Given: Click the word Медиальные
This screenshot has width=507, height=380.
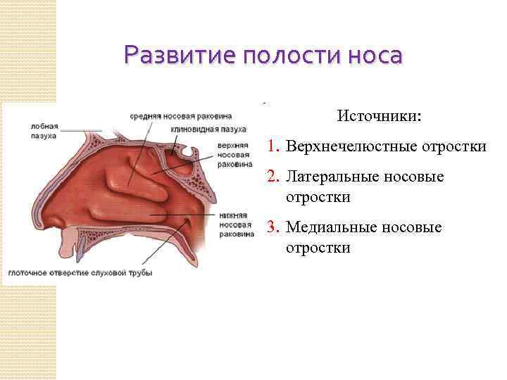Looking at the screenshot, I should click(329, 227).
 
